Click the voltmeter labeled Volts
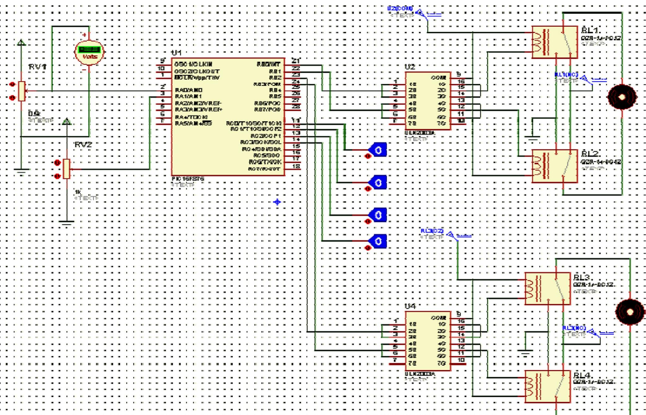pos(89,52)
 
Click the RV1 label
pos(38,67)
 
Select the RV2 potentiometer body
pos(66,169)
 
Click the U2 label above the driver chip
pos(409,67)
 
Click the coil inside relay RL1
pos(538,42)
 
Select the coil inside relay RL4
pos(530,387)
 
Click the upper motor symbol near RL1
pos(622,97)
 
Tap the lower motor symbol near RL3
pos(629,312)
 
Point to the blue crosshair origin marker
pos(277,202)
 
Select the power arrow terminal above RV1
pos(21,43)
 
